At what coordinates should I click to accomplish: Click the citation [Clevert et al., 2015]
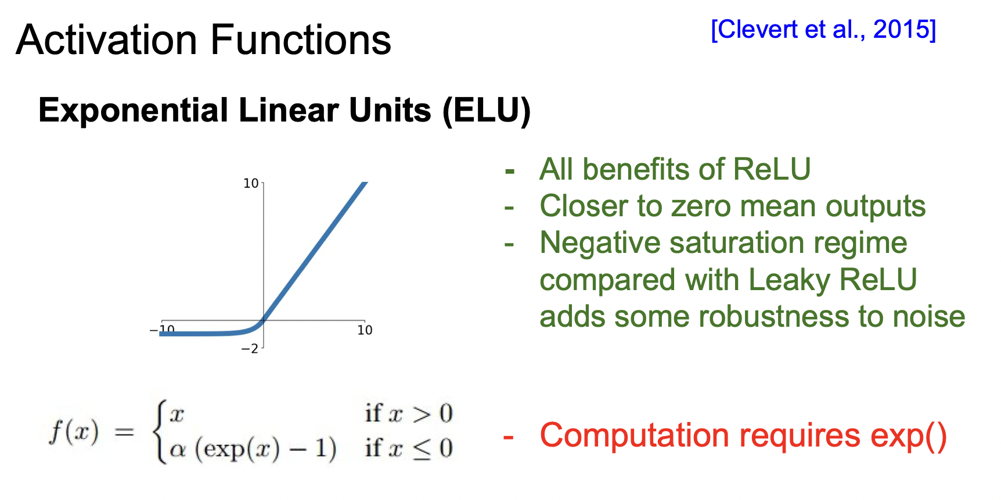823,30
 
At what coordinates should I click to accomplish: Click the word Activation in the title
107,40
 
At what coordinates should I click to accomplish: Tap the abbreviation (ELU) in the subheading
487,110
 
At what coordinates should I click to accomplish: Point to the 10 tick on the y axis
251,184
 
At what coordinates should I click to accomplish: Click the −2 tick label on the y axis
250,349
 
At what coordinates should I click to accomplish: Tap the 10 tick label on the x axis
365,330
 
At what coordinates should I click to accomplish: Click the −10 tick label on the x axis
163,330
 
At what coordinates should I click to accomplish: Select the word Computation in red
635,436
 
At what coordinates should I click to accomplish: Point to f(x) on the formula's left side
74,432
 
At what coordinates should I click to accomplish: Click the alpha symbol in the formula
178,449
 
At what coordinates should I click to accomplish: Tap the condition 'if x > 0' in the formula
409,414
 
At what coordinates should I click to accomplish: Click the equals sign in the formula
124,432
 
